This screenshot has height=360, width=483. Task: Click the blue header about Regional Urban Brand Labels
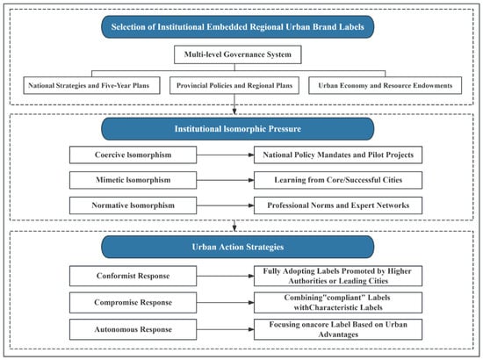tap(237, 27)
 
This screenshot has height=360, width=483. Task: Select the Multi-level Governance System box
tap(237, 54)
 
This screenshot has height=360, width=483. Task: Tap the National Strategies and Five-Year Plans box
tap(91, 85)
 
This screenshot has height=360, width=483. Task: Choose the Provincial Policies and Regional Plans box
tap(234, 85)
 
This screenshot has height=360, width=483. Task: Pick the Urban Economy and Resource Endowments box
tap(385, 85)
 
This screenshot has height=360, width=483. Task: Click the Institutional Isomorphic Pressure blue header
tap(237, 129)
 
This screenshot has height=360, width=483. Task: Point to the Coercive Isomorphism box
tap(133, 155)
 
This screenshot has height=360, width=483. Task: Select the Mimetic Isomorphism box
tap(133, 180)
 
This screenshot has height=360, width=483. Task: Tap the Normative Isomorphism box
tap(133, 205)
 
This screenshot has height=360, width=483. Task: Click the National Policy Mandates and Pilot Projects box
tap(338, 155)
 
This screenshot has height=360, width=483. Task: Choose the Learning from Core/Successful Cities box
tap(338, 180)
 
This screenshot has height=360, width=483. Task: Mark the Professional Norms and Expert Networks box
tap(338, 205)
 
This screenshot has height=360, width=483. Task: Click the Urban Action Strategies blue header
tap(237, 247)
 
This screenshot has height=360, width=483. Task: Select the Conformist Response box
tap(133, 276)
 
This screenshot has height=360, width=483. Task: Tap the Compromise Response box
tap(133, 302)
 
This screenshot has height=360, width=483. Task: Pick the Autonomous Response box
tap(133, 329)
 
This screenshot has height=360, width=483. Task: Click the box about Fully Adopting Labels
tap(338, 276)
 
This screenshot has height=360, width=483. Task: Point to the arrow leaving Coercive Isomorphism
tap(225, 155)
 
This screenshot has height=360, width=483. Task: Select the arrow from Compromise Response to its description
tap(225, 302)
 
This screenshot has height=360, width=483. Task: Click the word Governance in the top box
tap(241, 54)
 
